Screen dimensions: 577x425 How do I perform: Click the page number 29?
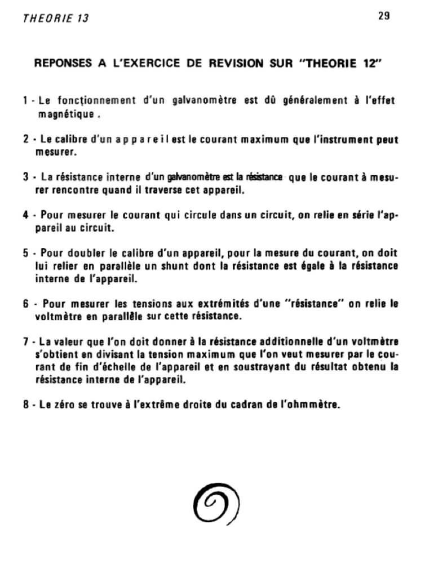click(x=383, y=16)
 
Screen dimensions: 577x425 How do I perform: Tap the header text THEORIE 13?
click(x=56, y=18)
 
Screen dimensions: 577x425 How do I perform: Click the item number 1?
click(x=26, y=101)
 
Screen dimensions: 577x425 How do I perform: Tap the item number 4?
click(x=26, y=215)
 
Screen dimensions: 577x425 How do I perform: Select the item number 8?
click(x=26, y=405)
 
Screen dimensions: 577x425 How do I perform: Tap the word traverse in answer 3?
click(x=169, y=190)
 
